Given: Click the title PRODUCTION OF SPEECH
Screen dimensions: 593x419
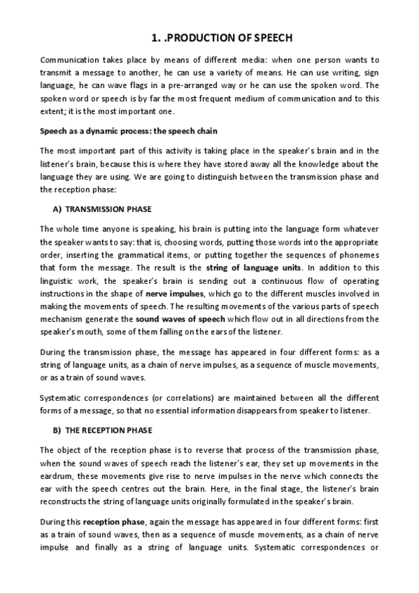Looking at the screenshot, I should tap(222, 38).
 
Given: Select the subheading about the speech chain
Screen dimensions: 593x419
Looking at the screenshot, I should tap(129, 131).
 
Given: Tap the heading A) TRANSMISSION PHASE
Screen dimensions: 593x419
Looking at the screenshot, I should tap(102, 209).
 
